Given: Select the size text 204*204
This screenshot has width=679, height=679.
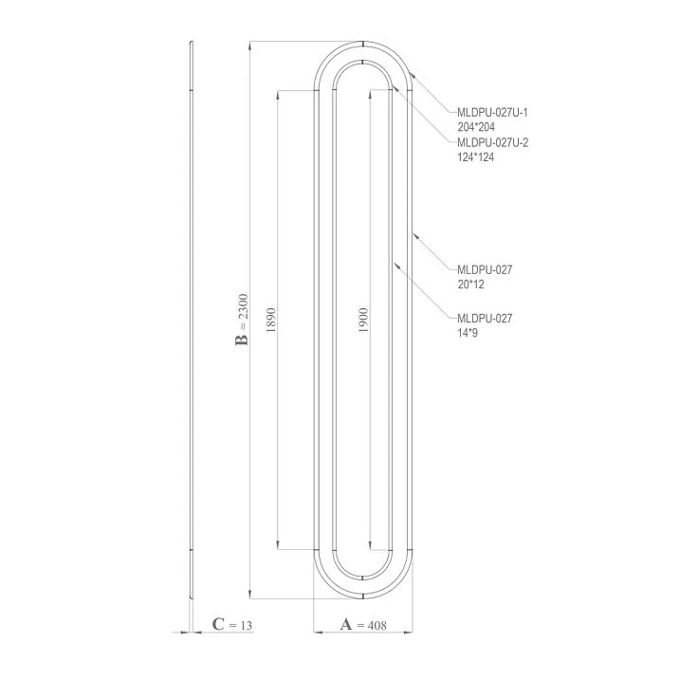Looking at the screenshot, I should tap(476, 126).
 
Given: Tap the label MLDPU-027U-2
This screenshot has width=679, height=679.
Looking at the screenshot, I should tap(492, 143).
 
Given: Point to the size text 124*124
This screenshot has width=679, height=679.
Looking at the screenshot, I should tap(476, 156).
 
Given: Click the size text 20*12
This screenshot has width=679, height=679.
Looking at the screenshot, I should tap(470, 284).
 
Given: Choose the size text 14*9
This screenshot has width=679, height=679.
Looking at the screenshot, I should tap(468, 333).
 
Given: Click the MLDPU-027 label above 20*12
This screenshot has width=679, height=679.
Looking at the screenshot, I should tap(484, 270).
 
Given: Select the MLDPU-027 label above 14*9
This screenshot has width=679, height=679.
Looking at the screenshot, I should tap(484, 319).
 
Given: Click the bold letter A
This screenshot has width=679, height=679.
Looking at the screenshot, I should tap(345, 625).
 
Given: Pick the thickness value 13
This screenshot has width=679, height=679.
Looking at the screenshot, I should tap(246, 625).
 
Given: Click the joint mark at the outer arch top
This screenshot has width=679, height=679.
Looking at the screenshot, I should tap(364, 45).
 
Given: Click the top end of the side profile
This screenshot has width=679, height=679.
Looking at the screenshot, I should tap(191, 44).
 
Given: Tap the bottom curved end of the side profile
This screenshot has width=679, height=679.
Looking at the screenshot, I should tap(192, 590).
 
